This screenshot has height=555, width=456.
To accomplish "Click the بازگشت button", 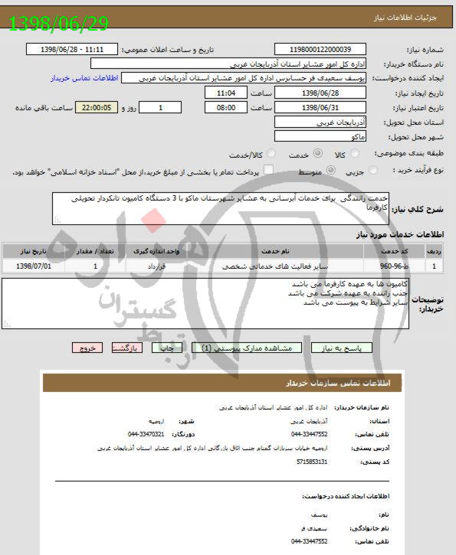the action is pyautogui.click(x=127, y=348).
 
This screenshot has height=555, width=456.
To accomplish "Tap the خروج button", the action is pyautogui.click(x=87, y=348).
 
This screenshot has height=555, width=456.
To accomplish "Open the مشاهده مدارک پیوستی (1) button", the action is pyautogui.click(x=253, y=348).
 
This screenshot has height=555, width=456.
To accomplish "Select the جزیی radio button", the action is pyautogui.click(x=372, y=170).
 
